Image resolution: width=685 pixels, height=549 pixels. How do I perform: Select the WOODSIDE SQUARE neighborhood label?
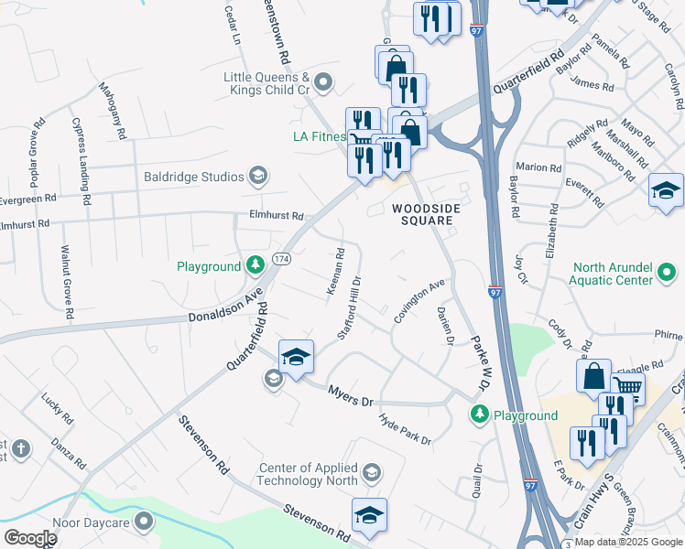click(x=425, y=214)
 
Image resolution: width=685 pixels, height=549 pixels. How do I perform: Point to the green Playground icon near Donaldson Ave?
click(x=257, y=266)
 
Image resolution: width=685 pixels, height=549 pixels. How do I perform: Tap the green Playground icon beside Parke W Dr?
click(x=478, y=415)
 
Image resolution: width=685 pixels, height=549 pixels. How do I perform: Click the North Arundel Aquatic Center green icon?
click(x=668, y=274)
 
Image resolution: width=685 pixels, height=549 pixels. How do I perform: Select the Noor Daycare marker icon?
click(x=145, y=522)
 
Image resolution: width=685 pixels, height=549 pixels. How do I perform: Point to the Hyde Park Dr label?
click(x=405, y=428)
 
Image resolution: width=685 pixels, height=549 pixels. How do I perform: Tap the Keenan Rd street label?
click(x=335, y=271)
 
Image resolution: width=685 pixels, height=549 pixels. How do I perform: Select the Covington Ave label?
click(x=419, y=300)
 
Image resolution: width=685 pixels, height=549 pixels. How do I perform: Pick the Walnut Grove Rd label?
click(x=68, y=280)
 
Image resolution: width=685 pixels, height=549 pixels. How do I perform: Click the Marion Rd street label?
click(x=538, y=167)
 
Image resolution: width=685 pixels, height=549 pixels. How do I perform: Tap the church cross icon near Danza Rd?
click(x=22, y=449)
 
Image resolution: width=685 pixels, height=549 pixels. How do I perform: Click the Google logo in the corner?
click(x=30, y=537)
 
